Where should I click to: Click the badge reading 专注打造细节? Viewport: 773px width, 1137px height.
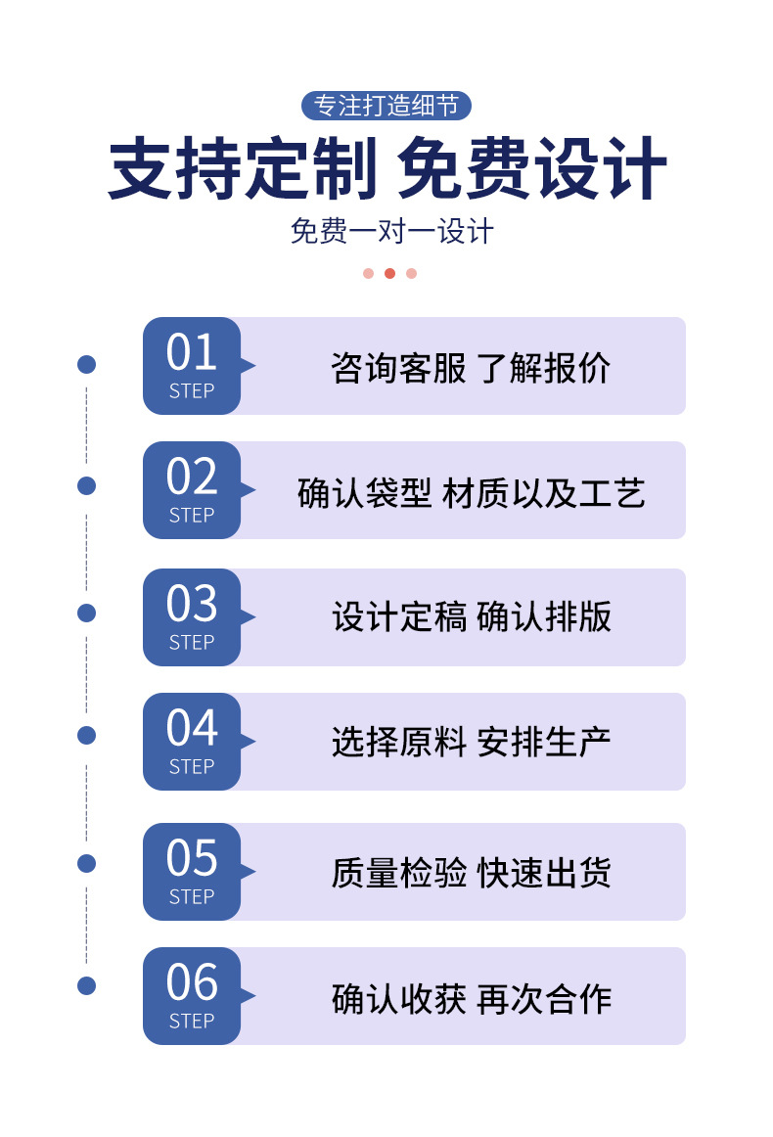(386, 105)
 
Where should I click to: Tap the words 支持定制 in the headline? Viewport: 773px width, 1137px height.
(242, 170)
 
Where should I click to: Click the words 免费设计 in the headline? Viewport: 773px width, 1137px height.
(532, 170)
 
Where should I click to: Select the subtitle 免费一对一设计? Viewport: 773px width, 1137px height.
(391, 232)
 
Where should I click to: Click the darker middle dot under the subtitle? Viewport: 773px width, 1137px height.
(389, 273)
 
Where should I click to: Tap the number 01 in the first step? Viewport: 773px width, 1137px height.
(192, 353)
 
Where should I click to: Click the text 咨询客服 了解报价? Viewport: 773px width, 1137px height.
(471, 368)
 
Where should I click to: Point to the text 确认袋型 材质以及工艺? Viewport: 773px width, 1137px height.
(471, 493)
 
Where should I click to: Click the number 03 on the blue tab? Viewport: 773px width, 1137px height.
(192, 605)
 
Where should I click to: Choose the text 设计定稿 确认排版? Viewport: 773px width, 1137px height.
(471, 617)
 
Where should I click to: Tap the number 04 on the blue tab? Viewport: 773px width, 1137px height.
(192, 729)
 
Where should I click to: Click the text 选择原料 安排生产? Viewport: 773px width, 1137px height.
(471, 742)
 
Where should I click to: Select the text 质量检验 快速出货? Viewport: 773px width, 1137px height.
(471, 872)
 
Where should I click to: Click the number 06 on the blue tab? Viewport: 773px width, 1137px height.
(192, 983)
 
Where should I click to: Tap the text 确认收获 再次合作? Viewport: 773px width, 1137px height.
(471, 998)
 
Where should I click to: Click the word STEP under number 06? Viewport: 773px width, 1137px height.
(192, 1021)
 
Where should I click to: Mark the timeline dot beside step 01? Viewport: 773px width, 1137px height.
(86, 365)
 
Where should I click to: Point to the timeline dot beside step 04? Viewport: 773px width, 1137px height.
(86, 735)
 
